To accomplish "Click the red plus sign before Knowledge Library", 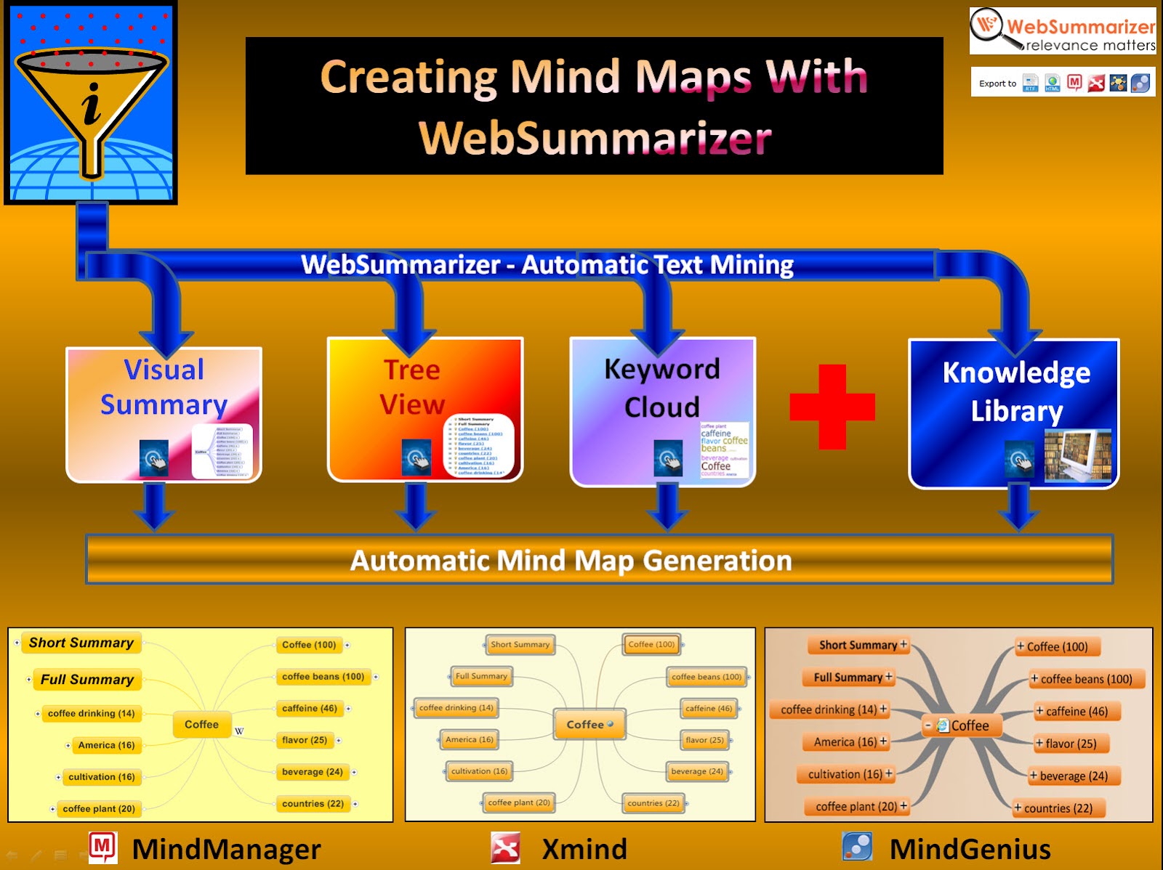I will pos(832,407).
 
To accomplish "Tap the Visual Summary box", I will pos(164,414).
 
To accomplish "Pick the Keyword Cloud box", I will pos(662,411).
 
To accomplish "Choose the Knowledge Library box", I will pos(1014,413).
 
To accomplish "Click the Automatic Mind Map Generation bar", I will pos(599,560).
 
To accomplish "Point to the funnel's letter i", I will pos(92,104).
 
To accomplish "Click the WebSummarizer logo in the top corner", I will pos(1062,31).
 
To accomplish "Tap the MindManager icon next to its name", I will pos(102,847).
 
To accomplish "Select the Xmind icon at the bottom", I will pos(505,848).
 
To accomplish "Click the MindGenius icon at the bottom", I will pos(857,847).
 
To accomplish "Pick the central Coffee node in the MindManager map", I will pos(201,725).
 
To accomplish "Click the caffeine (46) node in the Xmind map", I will pos(709,709).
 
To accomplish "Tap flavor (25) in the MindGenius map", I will pos(1071,744).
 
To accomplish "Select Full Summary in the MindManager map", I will pos(86,680).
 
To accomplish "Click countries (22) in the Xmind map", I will pos(653,803).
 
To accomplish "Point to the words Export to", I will pos(997,84).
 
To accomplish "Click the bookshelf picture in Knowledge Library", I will pos(1078,456).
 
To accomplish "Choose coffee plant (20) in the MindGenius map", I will pos(856,807).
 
